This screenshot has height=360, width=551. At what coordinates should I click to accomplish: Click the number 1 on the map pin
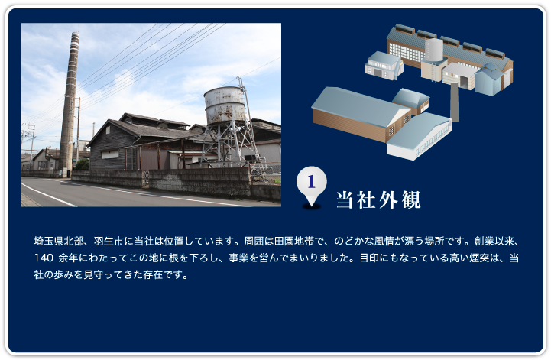(311, 182)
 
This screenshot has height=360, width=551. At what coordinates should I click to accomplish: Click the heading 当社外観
(378, 199)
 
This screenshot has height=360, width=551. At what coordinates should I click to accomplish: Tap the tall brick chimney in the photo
(70, 102)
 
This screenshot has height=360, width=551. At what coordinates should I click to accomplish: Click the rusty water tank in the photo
(225, 105)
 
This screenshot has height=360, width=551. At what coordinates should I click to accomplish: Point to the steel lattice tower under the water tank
(229, 144)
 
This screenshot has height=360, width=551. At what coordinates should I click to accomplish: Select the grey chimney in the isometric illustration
(455, 102)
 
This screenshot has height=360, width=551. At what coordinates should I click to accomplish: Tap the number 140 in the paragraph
(44, 258)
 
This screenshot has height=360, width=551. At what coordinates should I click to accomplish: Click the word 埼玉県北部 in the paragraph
(59, 242)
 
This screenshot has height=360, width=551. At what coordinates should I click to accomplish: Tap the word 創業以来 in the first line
(494, 242)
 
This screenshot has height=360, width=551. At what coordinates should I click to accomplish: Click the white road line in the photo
(49, 194)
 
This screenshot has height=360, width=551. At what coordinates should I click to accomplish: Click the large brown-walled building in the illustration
(362, 114)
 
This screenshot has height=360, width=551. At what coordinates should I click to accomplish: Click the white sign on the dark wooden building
(110, 154)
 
